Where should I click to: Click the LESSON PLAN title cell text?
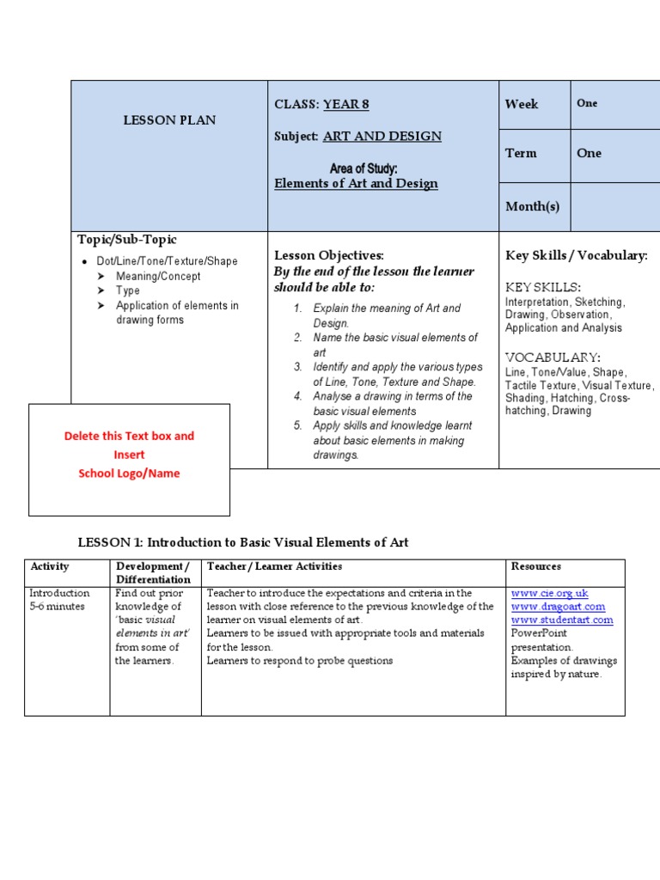169,120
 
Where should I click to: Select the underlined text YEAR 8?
345,105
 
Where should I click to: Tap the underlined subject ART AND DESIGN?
382,137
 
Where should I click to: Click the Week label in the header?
522,104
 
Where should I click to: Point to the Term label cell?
521,153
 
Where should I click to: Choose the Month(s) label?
532,206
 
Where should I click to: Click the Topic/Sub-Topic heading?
127,240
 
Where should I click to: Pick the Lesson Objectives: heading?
328,255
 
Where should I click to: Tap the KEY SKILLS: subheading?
542,287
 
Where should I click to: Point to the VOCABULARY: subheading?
553,357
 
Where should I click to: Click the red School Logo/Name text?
129,474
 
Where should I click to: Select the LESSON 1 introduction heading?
243,542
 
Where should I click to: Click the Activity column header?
50,567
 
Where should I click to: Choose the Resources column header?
536,567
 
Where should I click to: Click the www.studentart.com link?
562,620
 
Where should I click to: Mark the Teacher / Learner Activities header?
274,567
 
